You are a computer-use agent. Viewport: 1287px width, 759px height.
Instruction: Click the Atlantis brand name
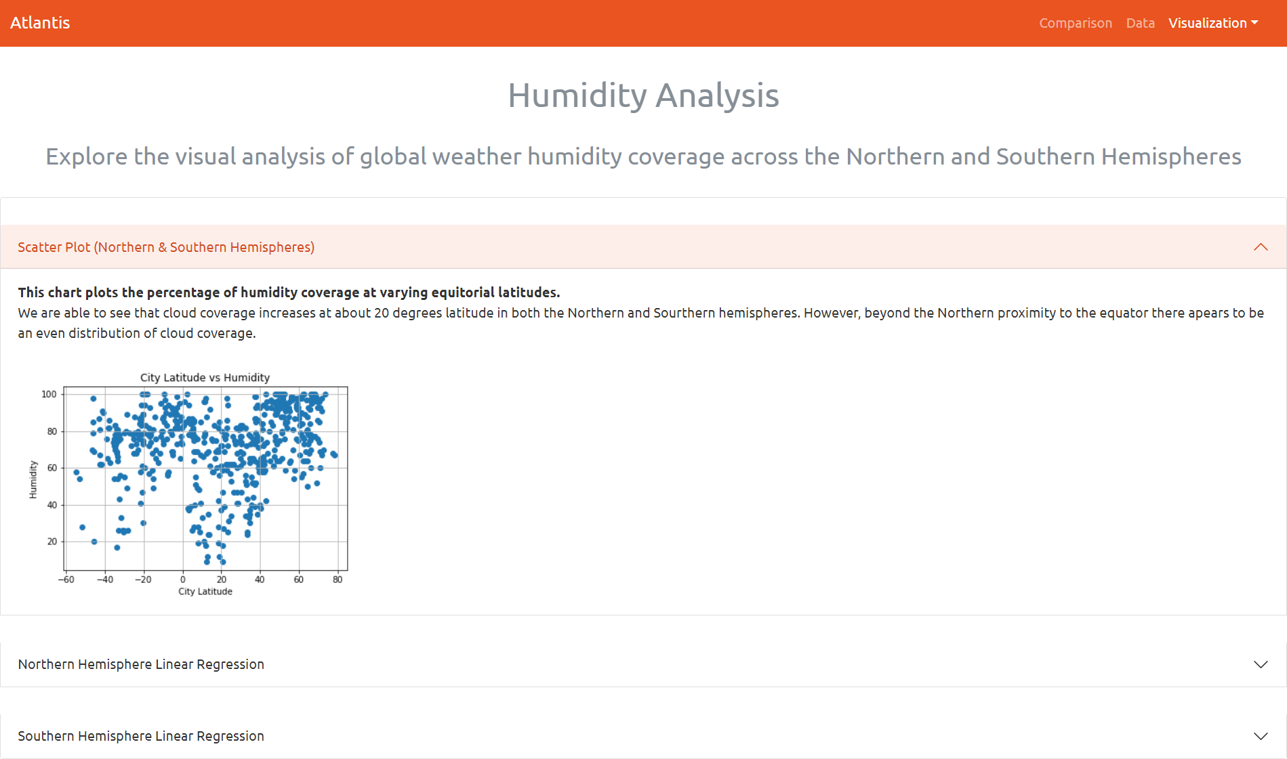tap(40, 23)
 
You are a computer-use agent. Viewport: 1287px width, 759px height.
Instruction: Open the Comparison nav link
tap(1076, 23)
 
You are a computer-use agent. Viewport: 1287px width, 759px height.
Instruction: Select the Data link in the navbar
tap(1140, 23)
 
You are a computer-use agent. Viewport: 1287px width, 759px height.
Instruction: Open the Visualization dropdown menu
tap(1212, 23)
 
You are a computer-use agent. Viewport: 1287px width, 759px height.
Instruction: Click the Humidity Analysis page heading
tap(643, 95)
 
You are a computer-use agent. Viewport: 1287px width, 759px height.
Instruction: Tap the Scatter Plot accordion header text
tap(166, 247)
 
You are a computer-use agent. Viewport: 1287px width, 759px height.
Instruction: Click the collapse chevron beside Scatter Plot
tap(1261, 247)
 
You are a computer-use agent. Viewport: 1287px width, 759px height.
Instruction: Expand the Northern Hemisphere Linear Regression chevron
tap(1261, 664)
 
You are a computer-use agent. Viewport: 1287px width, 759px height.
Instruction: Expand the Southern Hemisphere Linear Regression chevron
tap(1261, 736)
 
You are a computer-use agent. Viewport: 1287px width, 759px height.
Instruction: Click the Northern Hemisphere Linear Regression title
tap(141, 664)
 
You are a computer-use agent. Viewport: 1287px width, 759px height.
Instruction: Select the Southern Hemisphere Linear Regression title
tap(141, 736)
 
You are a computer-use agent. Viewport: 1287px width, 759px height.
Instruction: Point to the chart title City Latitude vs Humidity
tap(205, 378)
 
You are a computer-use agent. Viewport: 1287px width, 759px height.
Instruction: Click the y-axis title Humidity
tap(33, 479)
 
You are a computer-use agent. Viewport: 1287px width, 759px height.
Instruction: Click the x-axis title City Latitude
tap(205, 592)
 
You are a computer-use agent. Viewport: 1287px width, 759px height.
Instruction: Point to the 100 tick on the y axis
tap(49, 394)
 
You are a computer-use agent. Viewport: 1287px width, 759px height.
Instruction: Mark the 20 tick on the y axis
tap(52, 542)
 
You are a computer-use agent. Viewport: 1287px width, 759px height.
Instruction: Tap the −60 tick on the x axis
tap(66, 580)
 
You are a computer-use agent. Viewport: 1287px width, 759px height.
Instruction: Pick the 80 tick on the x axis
tap(338, 580)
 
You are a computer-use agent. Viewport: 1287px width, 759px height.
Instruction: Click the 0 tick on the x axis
tap(182, 580)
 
